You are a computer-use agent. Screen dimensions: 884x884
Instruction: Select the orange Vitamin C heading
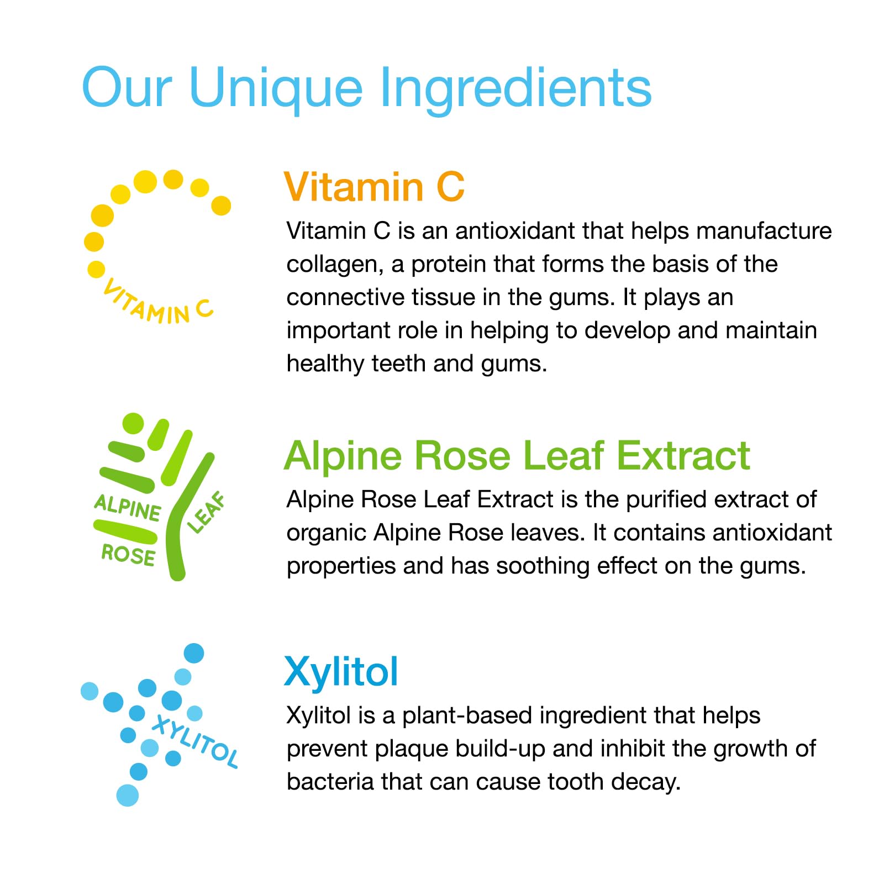pyautogui.click(x=374, y=187)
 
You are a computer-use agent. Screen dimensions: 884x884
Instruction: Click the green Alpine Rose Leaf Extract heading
pyautogui.click(x=517, y=456)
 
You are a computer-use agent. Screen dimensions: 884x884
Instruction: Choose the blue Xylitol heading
pyautogui.click(x=341, y=672)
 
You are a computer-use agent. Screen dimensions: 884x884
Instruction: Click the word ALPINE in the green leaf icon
pyautogui.click(x=128, y=508)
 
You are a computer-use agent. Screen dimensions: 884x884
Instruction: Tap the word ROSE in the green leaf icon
pyautogui.click(x=128, y=554)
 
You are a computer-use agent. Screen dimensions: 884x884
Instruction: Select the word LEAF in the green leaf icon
pyautogui.click(x=207, y=512)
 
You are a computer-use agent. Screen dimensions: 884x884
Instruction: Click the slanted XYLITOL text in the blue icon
pyautogui.click(x=195, y=741)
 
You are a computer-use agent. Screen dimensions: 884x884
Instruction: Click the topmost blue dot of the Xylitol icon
pyautogui.click(x=193, y=653)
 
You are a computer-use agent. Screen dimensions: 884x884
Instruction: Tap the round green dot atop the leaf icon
pyautogui.click(x=133, y=423)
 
